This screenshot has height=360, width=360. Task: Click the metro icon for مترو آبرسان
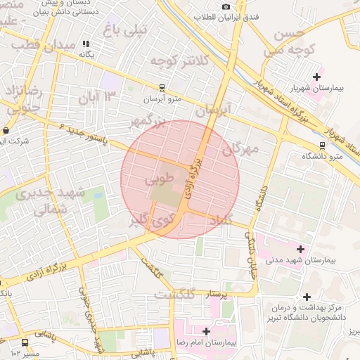pos(162,88)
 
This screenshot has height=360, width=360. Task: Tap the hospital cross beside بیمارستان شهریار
pos(316,77)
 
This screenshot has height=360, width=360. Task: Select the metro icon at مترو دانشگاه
pos(322,146)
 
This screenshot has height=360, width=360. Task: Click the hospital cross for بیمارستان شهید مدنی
pos(301,249)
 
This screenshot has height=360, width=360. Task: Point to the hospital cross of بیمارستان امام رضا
pos(206,330)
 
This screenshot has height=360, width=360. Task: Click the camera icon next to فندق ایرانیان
pos(226,6)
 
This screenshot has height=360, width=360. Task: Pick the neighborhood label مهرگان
pos(240,149)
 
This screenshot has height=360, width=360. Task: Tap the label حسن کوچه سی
pos(288,42)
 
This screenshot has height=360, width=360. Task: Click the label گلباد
pos(219,221)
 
